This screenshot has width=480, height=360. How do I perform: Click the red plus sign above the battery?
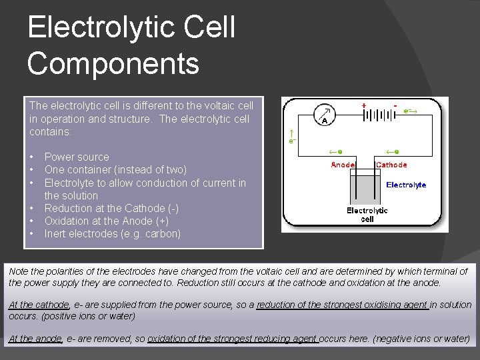pyautogui.click(x=363, y=105)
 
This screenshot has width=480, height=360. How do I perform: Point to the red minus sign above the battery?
pyautogui.click(x=395, y=105)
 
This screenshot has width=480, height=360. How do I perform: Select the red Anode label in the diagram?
pyautogui.click(x=343, y=165)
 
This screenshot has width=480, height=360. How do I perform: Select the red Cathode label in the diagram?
pyautogui.click(x=391, y=165)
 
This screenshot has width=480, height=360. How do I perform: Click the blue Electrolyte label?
pyautogui.click(x=406, y=185)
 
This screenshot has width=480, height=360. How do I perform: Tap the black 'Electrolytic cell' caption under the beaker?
pyautogui.click(x=367, y=215)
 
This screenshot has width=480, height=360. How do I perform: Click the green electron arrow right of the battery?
pyautogui.click(x=411, y=112)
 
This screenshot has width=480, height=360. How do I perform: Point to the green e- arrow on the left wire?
pyautogui.click(x=291, y=135)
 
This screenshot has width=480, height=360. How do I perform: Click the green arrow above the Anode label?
pyautogui.click(x=337, y=151)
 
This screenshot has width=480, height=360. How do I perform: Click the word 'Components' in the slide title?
pyautogui.click(x=113, y=64)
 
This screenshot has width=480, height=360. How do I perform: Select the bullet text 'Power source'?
pyautogui.click(x=77, y=157)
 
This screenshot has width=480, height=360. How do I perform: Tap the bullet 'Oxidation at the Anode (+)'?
pyautogui.click(x=107, y=221)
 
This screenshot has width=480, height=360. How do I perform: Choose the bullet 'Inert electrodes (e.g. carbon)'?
pyautogui.click(x=113, y=233)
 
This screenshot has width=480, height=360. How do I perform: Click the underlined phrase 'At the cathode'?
pyautogui.click(x=39, y=305)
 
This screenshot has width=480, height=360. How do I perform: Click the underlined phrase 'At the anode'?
pyautogui.click(x=35, y=339)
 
